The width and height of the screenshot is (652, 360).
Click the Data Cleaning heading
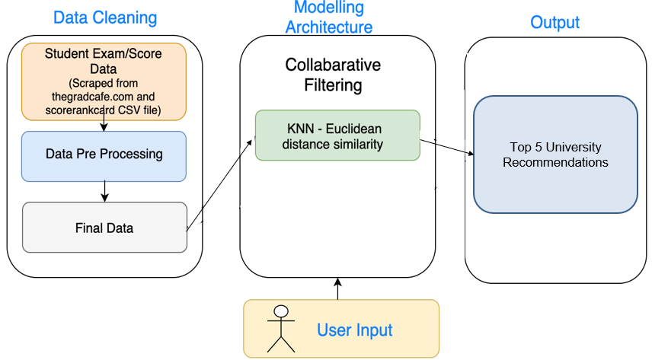[x=105, y=18]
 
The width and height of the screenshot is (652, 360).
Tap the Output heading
[x=555, y=22]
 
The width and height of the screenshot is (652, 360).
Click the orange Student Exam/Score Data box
[x=104, y=81]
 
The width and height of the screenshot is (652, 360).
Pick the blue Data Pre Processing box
[x=104, y=155]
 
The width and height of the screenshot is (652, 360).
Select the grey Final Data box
[x=104, y=227]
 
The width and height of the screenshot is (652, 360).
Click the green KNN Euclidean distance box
[x=337, y=135]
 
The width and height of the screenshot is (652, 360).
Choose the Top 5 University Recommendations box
[x=555, y=155]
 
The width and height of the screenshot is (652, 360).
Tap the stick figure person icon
[x=281, y=329]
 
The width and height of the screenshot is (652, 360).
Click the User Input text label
[x=354, y=330]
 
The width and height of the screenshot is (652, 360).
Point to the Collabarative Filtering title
[x=333, y=75]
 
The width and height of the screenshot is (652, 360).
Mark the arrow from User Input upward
[x=338, y=288]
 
